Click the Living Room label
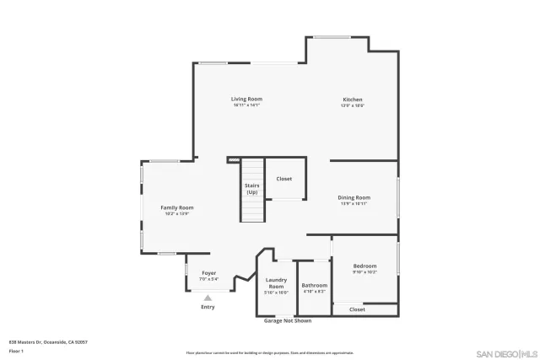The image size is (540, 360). click(246, 99)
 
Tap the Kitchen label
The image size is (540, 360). click(352, 99)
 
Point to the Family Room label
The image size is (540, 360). click(177, 207)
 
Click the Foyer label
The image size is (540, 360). click(208, 273)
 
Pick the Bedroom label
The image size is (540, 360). click(364, 266)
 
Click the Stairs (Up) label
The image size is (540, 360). click(251, 188)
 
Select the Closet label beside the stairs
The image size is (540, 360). click(284, 179)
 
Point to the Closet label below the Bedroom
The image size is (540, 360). click(357, 309)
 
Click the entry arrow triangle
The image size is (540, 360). click(208, 297)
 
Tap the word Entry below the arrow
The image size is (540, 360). click(208, 307)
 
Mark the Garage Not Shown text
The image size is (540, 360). click(288, 321)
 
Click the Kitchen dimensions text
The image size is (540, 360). click(352, 105)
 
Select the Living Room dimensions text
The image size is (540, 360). click(246, 105)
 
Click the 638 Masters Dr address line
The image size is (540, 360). click(48, 341)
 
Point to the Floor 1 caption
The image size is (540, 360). click(15, 350)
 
